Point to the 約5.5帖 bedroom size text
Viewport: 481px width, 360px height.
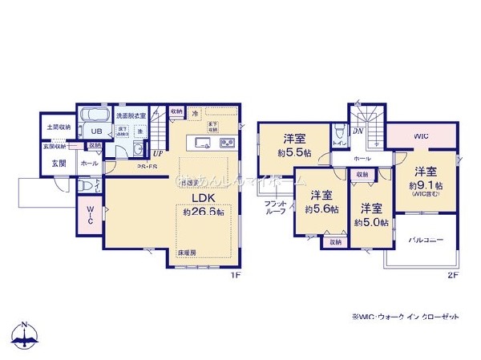pyautogui.click(x=289, y=152)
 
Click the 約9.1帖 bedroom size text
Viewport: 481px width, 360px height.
pyautogui.click(x=425, y=185)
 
